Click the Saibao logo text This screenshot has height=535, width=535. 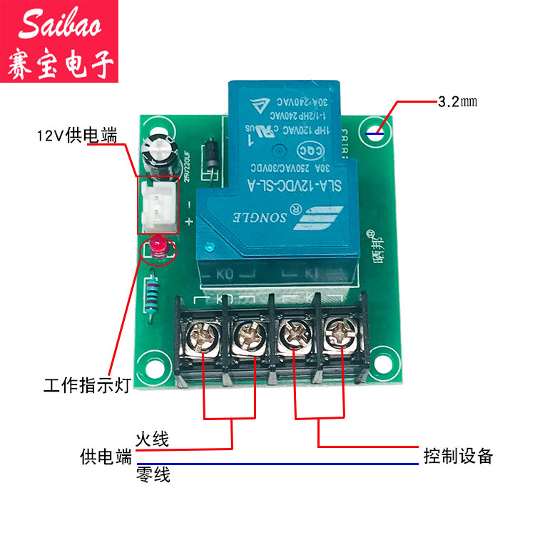pyautogui.click(x=59, y=26)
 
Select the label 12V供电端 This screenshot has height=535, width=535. pyautogui.click(x=76, y=136)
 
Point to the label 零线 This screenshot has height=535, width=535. pyautogui.click(x=153, y=474)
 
